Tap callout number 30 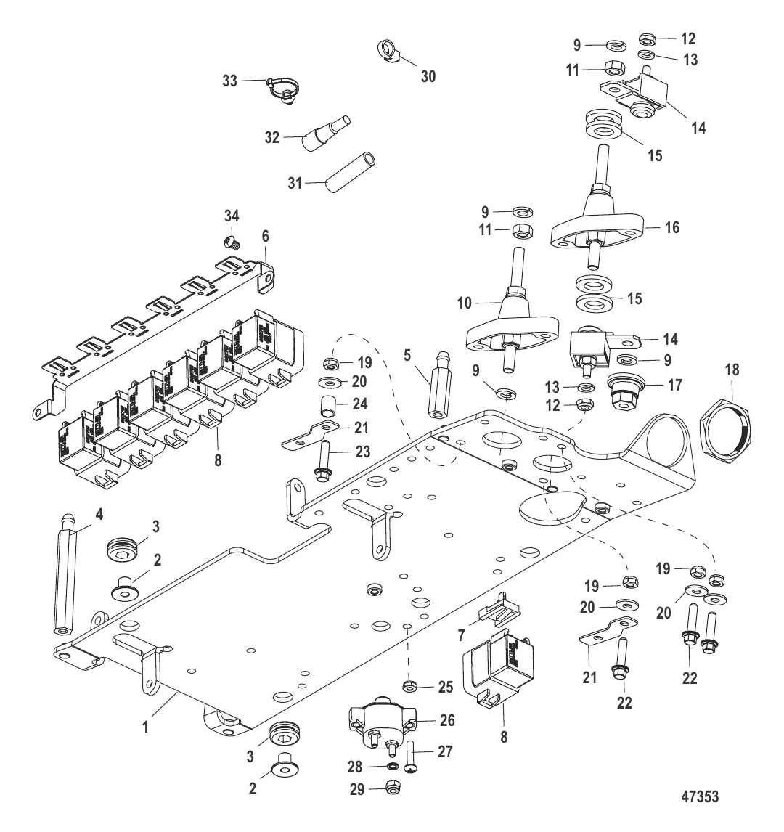tap(428, 76)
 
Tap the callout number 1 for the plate tap(145, 725)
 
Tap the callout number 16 tap(672, 227)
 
